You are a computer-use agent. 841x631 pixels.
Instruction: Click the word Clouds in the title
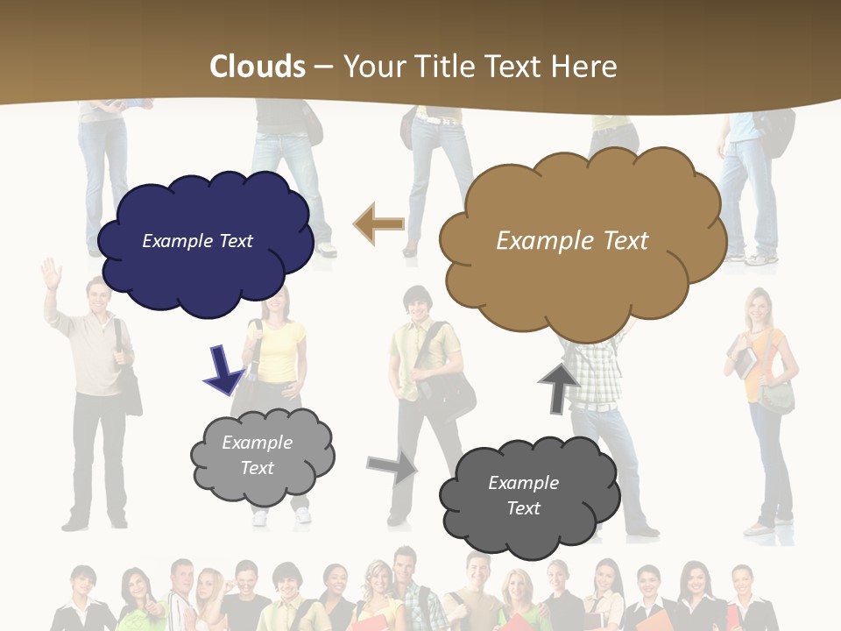tap(258, 66)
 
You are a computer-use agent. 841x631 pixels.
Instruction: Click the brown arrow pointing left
tap(378, 224)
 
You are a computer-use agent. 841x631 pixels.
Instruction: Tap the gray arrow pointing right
tap(392, 468)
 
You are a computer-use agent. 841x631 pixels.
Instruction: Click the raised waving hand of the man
tap(52, 274)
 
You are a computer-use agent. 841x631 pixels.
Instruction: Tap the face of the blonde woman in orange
tap(756, 308)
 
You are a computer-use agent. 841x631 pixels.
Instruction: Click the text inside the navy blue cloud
tap(197, 241)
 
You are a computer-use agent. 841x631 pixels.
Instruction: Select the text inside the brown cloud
tap(572, 241)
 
